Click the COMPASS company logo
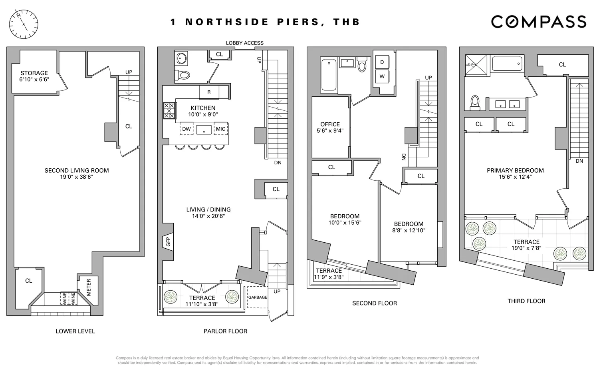538,22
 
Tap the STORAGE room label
34,73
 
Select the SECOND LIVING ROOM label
77,171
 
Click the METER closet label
89,287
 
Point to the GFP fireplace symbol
168,241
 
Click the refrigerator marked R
209,92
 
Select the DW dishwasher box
186,129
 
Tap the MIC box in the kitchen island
220,129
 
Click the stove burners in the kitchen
169,111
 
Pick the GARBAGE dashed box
258,297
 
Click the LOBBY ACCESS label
244,43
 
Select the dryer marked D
382,62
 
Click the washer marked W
382,76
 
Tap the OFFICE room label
330,124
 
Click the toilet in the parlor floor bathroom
184,74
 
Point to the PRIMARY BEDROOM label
515,171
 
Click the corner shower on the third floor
476,65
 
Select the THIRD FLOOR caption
526,301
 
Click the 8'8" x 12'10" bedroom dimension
409,231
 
